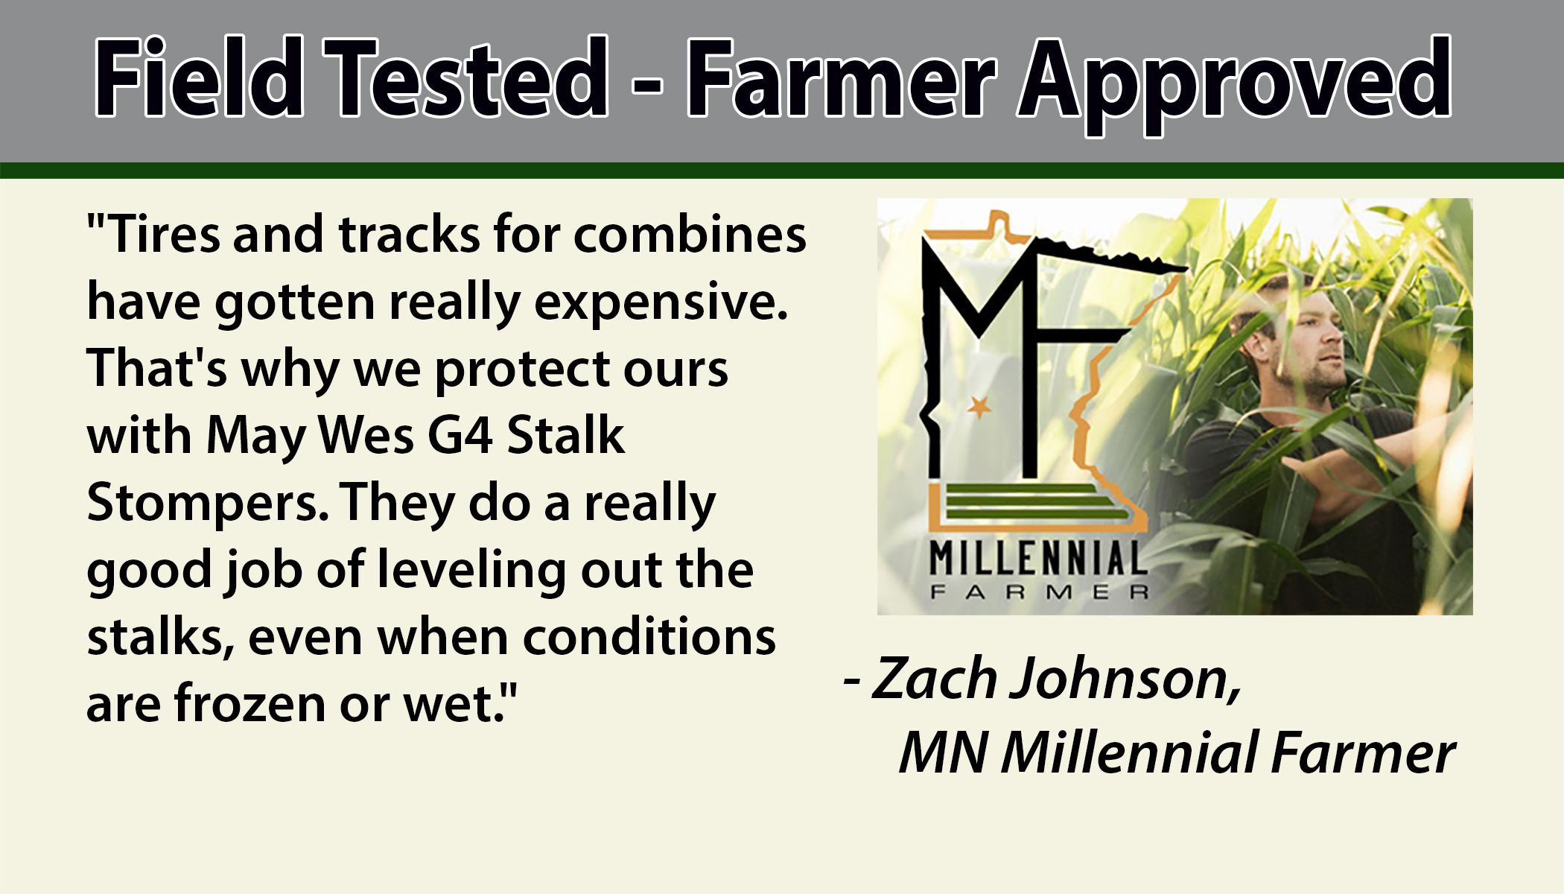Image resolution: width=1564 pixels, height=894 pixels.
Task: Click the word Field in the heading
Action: point(199,78)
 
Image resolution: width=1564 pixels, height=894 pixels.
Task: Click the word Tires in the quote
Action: point(165,235)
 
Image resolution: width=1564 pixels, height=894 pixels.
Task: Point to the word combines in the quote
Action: point(690,235)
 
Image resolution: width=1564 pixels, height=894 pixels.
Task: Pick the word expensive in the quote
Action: point(659,302)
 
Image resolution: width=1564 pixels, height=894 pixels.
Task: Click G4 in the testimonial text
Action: point(460,436)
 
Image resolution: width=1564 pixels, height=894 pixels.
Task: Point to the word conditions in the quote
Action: point(649,638)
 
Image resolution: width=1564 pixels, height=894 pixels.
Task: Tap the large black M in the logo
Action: point(976,313)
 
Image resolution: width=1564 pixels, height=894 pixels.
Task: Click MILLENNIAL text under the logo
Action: point(1038,559)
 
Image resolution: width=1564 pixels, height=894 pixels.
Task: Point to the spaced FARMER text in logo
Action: point(1038,593)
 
